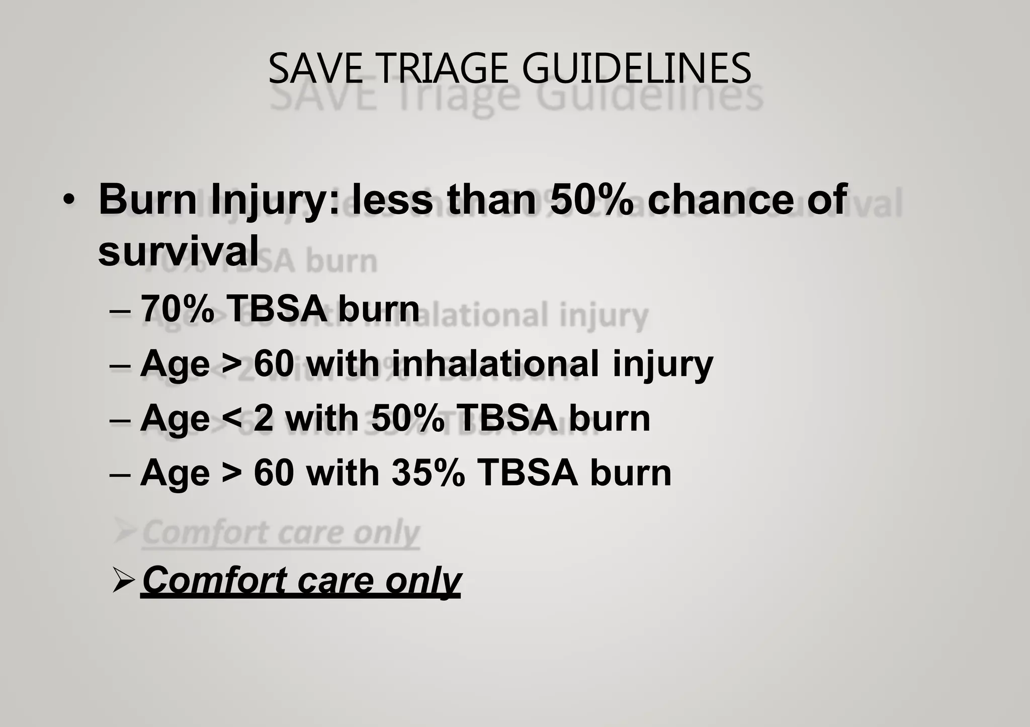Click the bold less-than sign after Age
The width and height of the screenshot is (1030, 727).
click(231, 418)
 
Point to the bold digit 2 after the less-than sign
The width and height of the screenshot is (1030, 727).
click(264, 418)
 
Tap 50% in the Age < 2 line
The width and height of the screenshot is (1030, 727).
click(408, 418)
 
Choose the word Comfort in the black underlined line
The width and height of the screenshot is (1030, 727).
click(215, 580)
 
